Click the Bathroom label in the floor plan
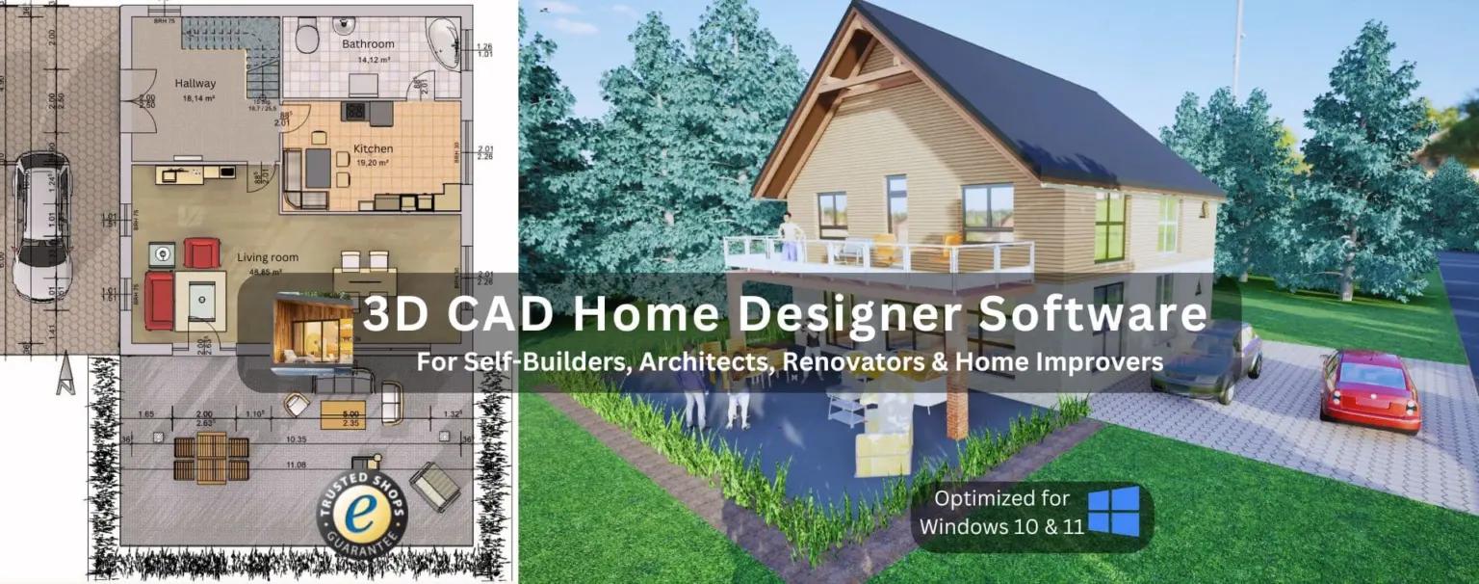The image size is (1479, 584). tap(368, 44)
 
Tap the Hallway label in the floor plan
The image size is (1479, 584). tap(195, 84)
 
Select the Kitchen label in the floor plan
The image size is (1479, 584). tap(373, 149)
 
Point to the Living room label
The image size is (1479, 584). tap(268, 258)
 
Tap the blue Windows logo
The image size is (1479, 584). tap(1113, 512)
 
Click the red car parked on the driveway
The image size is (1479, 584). tap(1368, 391)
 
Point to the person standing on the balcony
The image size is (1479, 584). tap(790, 237)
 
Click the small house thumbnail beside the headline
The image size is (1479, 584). tap(313, 332)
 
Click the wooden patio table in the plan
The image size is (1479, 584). tap(211, 457)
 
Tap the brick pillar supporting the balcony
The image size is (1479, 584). tap(956, 406)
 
